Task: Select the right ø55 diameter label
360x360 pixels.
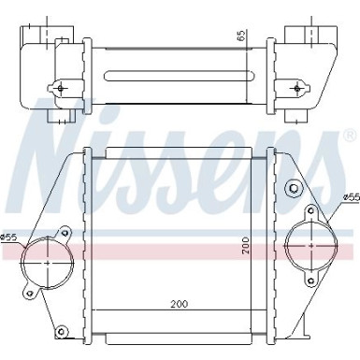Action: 350,197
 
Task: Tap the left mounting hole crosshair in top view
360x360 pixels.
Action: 63,88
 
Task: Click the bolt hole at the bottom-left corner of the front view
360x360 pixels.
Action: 63,330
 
